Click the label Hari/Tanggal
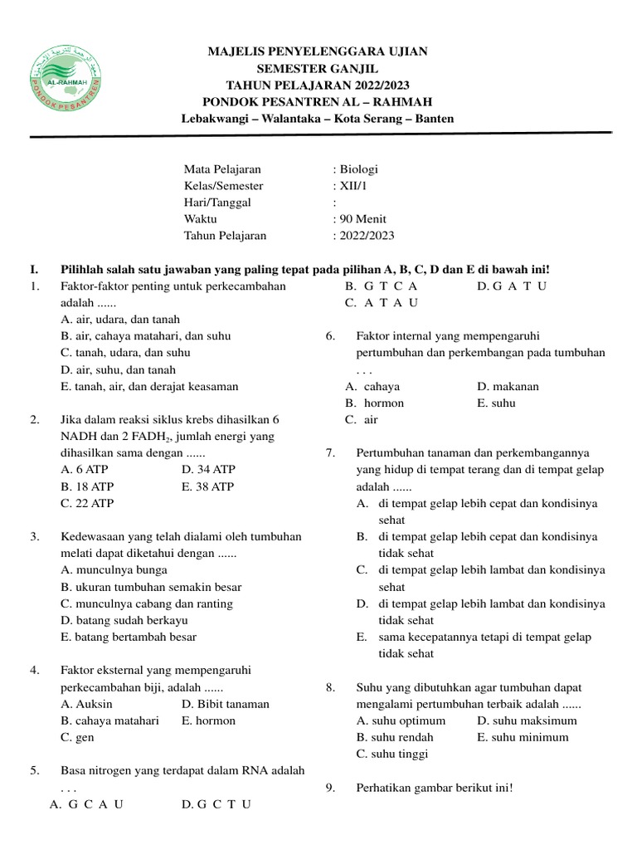pyautogui.click(x=217, y=203)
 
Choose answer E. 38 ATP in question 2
pyautogui.click(x=207, y=486)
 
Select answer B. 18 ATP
pyautogui.click(x=88, y=486)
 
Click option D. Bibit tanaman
pyautogui.click(x=225, y=704)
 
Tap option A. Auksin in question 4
pyautogui.click(x=87, y=704)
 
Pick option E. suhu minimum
pyautogui.click(x=523, y=737)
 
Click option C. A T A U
pyautogui.click(x=382, y=302)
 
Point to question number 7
pyautogui.click(x=330, y=453)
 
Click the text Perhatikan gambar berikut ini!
pyautogui.click(x=435, y=788)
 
